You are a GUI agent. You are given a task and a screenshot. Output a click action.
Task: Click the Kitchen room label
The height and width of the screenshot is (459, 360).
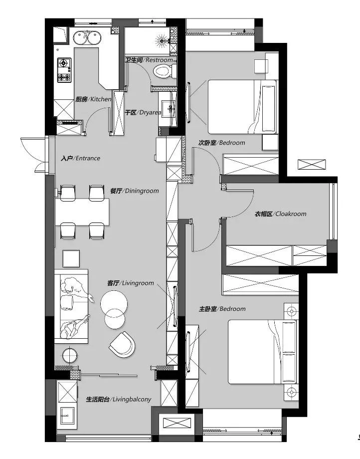[93, 99]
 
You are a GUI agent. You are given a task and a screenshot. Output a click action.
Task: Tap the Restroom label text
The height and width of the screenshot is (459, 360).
[149, 60]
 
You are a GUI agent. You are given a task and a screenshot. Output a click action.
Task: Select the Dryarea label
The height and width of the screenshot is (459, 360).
[143, 112]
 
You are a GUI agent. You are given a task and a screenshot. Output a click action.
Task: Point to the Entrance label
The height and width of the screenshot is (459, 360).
[80, 158]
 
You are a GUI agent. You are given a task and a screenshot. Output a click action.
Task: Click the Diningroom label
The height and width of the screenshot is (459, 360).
[135, 191]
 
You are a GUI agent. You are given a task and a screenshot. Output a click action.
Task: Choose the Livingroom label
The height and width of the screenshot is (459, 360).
[131, 283]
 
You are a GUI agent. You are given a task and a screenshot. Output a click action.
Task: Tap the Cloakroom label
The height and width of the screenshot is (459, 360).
[280, 214]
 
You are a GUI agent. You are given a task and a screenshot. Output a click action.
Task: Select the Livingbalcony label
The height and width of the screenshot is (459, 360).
[119, 399]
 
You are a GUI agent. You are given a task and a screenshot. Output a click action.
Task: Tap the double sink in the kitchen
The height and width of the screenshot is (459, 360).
[87, 38]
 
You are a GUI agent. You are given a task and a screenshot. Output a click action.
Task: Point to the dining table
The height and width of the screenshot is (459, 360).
[82, 212]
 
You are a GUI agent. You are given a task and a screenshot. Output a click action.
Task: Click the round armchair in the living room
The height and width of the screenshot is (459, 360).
[123, 344]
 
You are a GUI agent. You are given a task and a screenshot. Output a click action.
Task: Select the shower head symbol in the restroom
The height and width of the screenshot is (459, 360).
[162, 41]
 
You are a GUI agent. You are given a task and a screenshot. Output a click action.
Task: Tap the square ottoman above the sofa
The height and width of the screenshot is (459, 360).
[71, 258]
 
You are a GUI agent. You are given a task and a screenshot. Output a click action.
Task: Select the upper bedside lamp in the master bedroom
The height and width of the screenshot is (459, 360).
[291, 311]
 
